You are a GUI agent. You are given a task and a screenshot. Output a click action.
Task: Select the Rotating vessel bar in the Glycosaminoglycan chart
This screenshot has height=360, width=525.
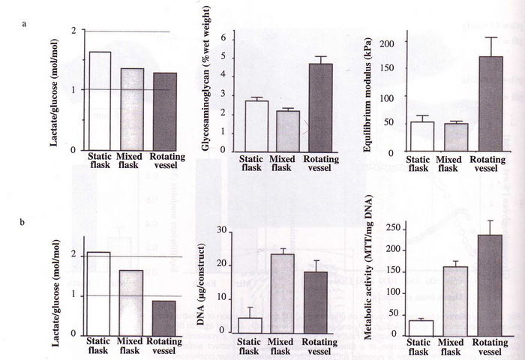320,108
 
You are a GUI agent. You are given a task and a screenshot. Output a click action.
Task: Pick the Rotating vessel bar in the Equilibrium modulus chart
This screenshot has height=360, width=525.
486,104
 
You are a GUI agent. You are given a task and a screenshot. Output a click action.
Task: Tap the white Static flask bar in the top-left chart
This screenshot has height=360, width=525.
100,100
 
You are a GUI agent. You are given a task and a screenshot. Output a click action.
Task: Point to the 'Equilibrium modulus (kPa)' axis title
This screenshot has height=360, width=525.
368,93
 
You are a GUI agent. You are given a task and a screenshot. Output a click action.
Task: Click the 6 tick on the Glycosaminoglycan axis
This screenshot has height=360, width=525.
223,37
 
